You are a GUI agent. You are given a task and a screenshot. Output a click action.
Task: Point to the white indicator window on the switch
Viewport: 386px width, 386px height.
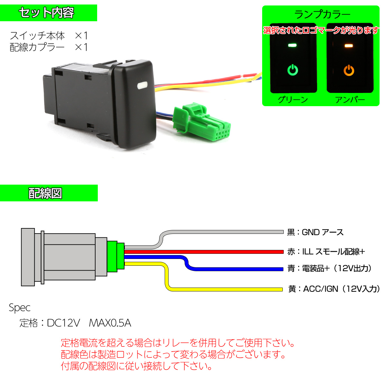pyautogui.click(x=142, y=86)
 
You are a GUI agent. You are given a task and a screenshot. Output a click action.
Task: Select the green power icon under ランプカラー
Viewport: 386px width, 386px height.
pyautogui.click(x=292, y=70)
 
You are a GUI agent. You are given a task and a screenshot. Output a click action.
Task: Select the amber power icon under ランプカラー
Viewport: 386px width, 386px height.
pyautogui.click(x=349, y=70)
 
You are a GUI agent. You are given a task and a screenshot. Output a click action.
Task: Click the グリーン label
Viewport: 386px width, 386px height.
pyautogui.click(x=293, y=99)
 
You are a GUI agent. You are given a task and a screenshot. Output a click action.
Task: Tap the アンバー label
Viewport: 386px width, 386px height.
pyautogui.click(x=350, y=99)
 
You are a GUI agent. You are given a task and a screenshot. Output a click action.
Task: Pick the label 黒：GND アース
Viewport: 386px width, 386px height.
pyautogui.click(x=315, y=232)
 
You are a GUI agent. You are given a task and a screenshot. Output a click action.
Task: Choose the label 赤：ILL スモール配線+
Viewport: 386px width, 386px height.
pyautogui.click(x=326, y=252)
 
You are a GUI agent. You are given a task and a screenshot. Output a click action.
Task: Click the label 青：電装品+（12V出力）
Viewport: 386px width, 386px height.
pyautogui.click(x=330, y=269)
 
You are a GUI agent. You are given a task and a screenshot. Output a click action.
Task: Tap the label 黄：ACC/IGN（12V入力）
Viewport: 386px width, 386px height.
pyautogui.click(x=334, y=289)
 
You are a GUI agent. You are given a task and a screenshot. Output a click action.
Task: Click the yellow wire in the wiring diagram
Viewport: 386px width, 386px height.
pyautogui.click(x=225, y=289)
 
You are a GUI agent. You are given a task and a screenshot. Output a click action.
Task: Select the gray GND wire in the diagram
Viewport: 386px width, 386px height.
pyautogui.click(x=225, y=232)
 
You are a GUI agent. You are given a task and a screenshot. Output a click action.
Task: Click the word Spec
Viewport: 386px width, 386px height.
pyautogui.click(x=20, y=308)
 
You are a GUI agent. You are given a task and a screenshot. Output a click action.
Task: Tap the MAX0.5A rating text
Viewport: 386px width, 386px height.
pyautogui.click(x=110, y=323)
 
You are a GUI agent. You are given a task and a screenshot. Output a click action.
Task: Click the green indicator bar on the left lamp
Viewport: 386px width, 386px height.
pyautogui.click(x=292, y=45)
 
